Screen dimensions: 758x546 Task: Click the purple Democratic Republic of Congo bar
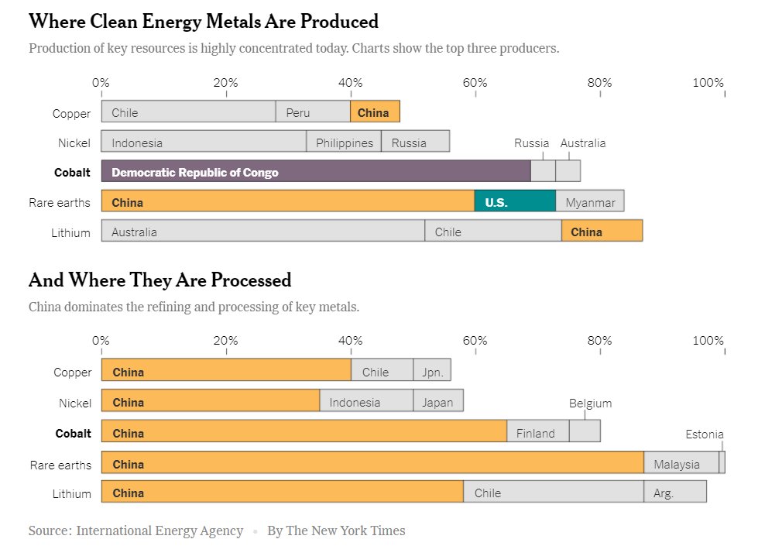point(316,170)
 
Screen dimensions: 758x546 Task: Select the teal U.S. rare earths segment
point(515,201)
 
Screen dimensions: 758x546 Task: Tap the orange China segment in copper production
point(376,112)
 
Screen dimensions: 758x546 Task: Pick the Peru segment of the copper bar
point(313,112)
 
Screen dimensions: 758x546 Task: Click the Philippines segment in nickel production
point(344,141)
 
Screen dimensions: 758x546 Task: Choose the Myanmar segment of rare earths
point(590,201)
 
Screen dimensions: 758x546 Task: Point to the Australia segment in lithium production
point(263,231)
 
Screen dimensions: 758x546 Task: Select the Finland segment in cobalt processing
point(538,431)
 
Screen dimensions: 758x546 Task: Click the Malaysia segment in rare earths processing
point(681,462)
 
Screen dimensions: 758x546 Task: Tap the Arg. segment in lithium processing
point(675,491)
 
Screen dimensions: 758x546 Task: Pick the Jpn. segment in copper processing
point(432,370)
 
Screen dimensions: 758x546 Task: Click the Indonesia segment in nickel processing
point(366,400)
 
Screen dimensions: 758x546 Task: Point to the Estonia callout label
point(705,434)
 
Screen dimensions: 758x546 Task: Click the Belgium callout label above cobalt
point(590,403)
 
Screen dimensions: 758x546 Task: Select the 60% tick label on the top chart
point(475,83)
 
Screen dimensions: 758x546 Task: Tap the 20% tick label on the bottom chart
point(225,341)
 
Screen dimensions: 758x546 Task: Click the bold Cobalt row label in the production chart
point(72,173)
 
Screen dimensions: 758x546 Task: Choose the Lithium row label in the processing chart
point(71,494)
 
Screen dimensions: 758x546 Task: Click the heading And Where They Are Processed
point(160,280)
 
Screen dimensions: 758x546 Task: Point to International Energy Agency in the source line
point(159,531)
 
